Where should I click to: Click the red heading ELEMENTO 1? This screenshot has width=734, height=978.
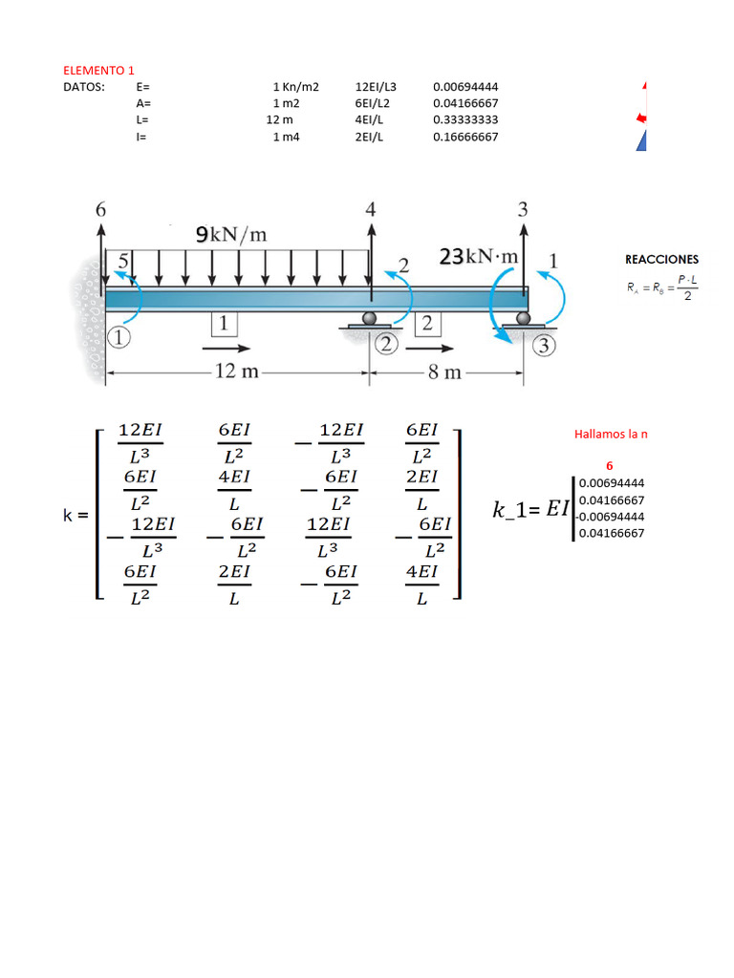(99, 71)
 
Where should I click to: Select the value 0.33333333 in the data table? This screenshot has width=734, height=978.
(465, 119)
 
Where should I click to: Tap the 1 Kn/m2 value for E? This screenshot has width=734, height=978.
(295, 86)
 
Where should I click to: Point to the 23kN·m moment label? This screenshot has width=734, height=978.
(479, 257)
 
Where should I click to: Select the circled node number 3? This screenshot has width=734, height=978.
(544, 346)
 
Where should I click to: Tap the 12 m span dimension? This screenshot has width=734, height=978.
(236, 372)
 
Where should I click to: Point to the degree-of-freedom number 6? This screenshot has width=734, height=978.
(101, 210)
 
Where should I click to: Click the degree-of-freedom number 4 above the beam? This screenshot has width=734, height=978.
(371, 209)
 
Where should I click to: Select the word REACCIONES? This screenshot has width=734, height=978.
(661, 259)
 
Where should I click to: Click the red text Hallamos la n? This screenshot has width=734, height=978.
(611, 434)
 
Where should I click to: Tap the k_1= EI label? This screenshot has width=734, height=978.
(529, 510)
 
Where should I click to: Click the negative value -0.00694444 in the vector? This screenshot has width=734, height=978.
(610, 517)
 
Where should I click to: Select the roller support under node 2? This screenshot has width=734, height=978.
(369, 322)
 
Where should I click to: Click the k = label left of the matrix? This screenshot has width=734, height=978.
(76, 515)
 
